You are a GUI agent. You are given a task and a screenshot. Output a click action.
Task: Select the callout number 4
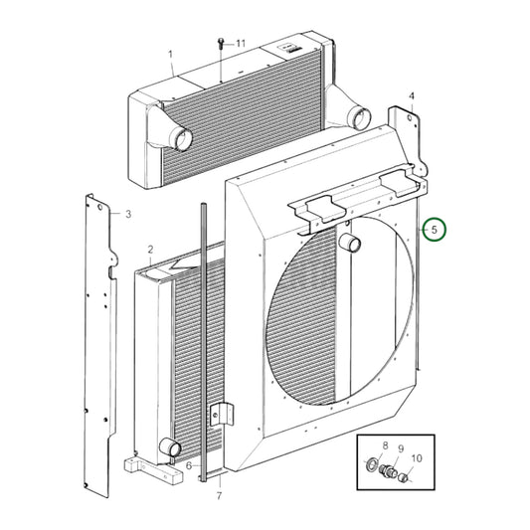[413, 95]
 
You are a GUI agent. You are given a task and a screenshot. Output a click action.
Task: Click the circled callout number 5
[433, 230]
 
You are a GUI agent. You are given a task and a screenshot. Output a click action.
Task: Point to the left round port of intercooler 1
[182, 140]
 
